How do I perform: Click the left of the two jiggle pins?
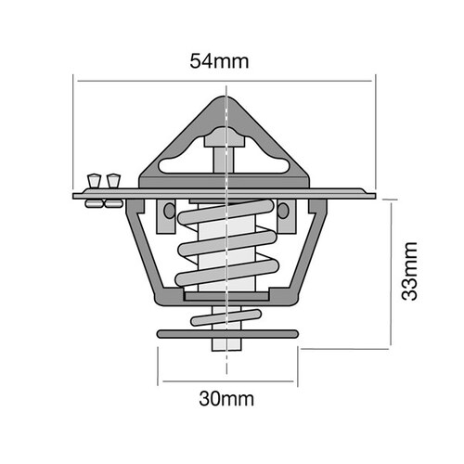(93, 179)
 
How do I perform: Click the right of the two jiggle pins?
(113, 179)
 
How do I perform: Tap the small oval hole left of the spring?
(168, 212)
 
